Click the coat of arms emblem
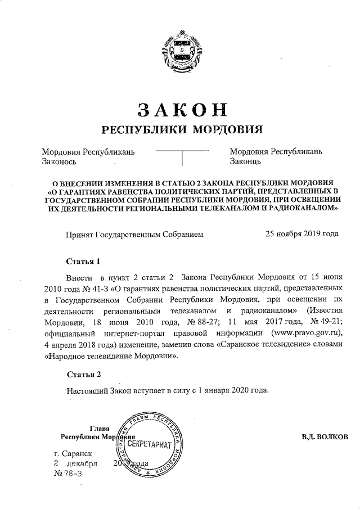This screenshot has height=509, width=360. pyautogui.click(x=180, y=52)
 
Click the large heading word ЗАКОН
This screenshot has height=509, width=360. pyautogui.click(x=180, y=107)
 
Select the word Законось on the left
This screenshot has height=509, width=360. pyautogui.click(x=59, y=161)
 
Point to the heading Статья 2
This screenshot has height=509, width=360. pyautogui.click(x=84, y=374)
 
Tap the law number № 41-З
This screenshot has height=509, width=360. pyautogui.click(x=89, y=289)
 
